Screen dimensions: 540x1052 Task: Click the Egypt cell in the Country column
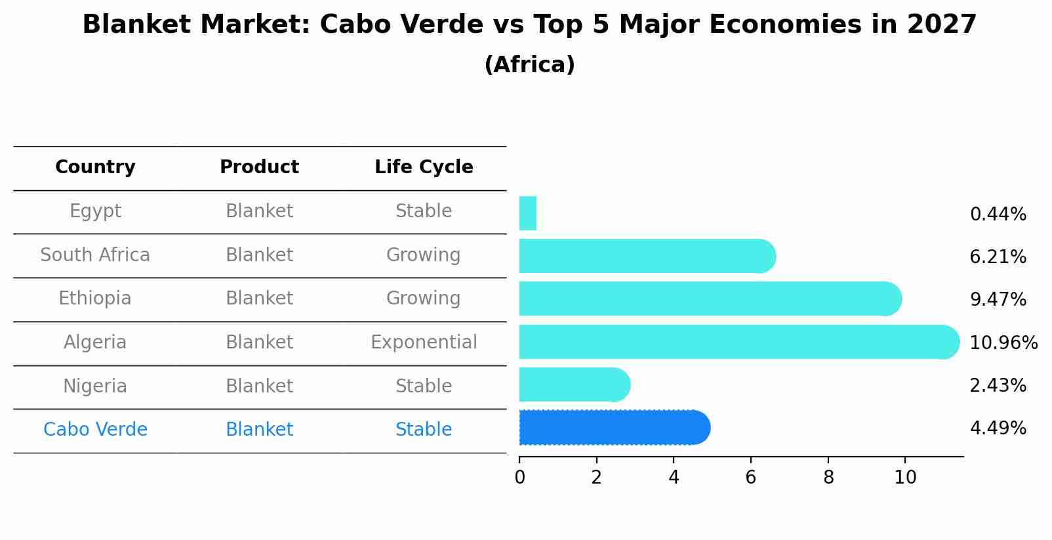[x=95, y=211]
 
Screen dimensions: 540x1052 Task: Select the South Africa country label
[x=95, y=255]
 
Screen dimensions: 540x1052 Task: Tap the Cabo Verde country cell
[x=95, y=430]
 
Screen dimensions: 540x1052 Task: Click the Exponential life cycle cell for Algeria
[x=424, y=343]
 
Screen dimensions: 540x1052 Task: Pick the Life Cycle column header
[x=424, y=167]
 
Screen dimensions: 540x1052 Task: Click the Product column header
[x=259, y=167]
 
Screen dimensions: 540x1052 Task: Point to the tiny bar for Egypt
[x=527, y=213]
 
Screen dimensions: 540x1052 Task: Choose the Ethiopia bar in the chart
[x=708, y=299]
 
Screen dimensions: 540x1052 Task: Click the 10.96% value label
[x=1003, y=343]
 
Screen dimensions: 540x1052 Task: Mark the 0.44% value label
[x=998, y=215]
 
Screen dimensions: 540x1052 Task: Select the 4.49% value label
[x=998, y=428]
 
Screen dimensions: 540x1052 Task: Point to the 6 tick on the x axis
[x=751, y=478]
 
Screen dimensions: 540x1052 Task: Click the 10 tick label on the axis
[x=905, y=478]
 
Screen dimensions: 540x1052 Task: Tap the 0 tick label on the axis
[x=519, y=478]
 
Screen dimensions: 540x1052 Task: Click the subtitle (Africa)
[x=529, y=65]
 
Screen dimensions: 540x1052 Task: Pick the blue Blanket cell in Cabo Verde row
[x=259, y=430]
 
